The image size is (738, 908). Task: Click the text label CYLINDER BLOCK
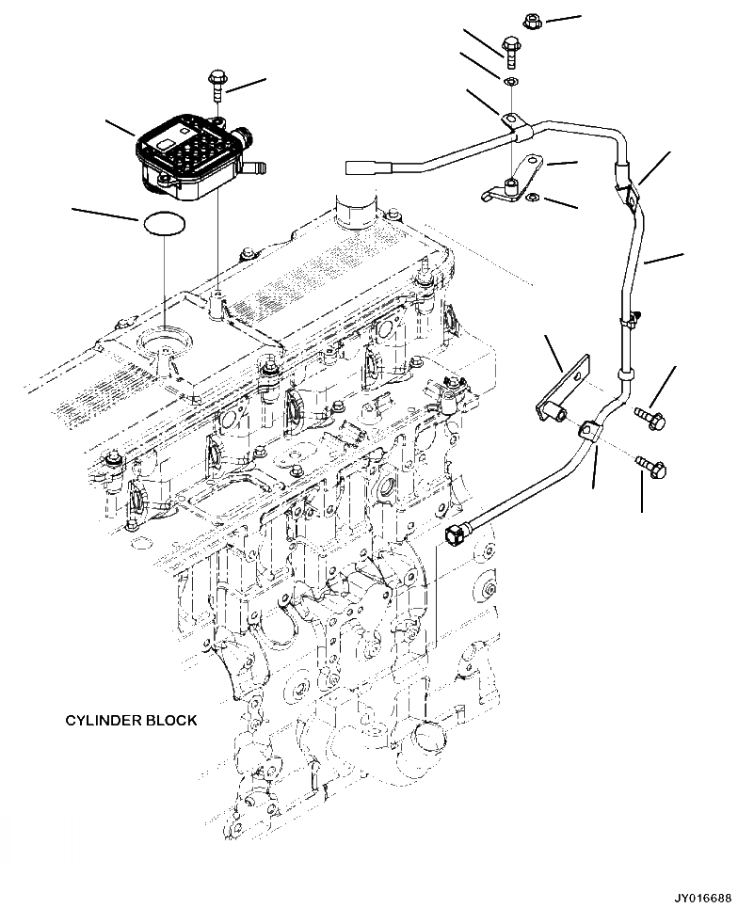point(131,720)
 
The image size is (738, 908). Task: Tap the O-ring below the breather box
point(164,225)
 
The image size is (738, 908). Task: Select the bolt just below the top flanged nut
point(510,49)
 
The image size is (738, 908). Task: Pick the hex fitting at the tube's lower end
point(457,534)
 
